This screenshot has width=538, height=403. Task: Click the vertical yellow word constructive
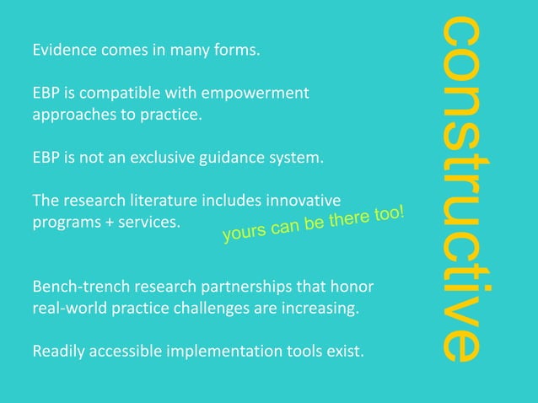(x=462, y=190)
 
